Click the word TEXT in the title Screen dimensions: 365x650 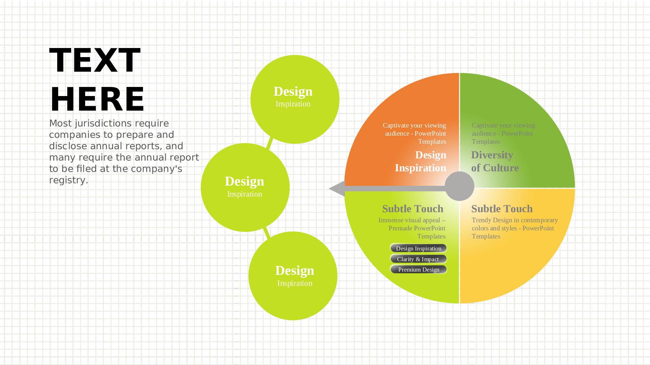(x=95, y=60)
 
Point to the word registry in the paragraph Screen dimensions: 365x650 (x=67, y=180)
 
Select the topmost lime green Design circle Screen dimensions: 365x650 (x=295, y=99)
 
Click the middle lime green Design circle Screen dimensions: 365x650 (x=245, y=188)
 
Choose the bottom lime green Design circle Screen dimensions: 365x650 (x=293, y=276)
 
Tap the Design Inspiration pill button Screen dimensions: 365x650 (x=418, y=248)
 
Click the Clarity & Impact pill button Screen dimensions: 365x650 (x=418, y=259)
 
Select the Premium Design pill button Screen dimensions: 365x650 (x=418, y=269)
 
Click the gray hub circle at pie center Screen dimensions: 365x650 (x=459, y=186)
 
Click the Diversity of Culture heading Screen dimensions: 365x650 (x=495, y=161)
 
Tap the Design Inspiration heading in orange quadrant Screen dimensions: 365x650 (x=421, y=161)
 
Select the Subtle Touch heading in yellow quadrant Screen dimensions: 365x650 (x=502, y=209)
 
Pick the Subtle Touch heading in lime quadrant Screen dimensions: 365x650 (x=412, y=209)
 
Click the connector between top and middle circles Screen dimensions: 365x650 (x=270, y=143)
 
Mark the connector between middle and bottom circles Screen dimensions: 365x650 (x=266, y=232)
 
